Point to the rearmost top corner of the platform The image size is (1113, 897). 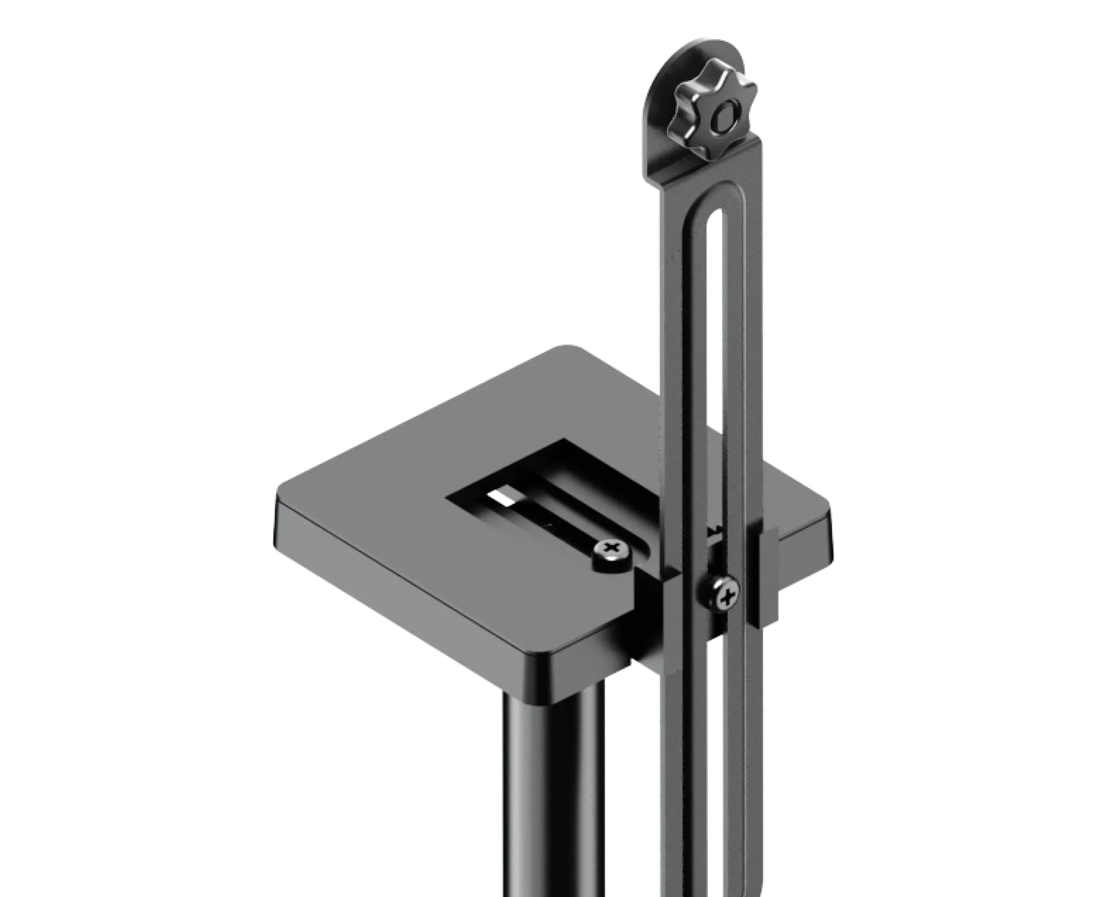pyautogui.click(x=568, y=349)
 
